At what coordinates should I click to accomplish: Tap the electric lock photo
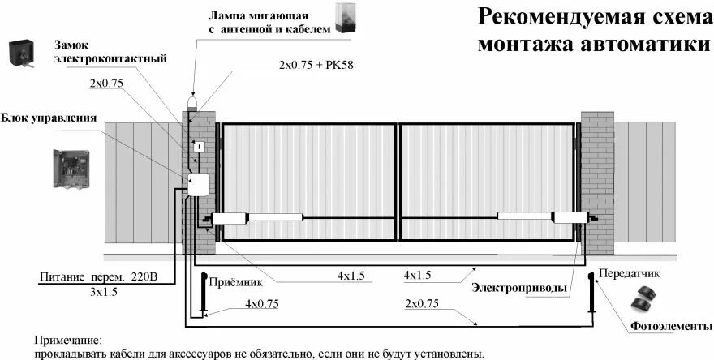tap(22, 54)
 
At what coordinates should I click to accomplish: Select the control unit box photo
tap(75, 169)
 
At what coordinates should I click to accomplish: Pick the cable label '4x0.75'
tap(262, 304)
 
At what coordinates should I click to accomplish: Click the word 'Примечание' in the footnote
tap(69, 341)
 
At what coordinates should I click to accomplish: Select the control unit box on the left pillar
tap(198, 185)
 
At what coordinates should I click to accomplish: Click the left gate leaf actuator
tap(257, 216)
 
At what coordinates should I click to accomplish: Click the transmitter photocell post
tap(591, 297)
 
